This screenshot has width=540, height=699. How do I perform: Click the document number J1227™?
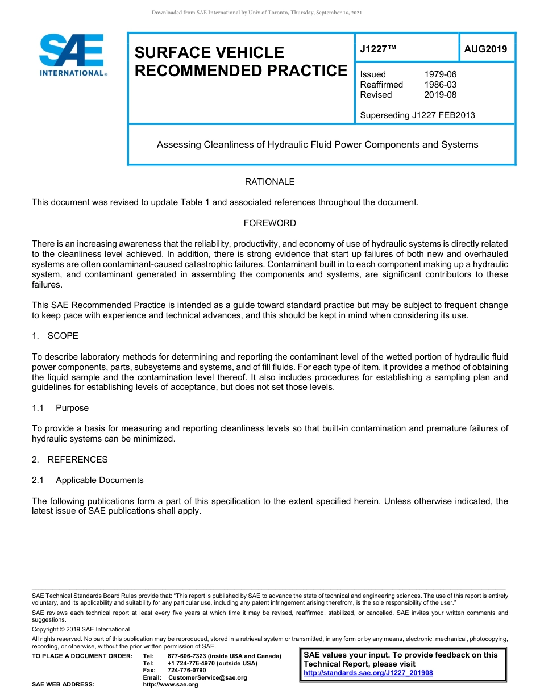pyautogui.click(x=377, y=49)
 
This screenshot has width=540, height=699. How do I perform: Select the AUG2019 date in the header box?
pyautogui.click(x=485, y=49)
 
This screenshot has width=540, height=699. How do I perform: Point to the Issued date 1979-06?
pyautogui.click(x=440, y=74)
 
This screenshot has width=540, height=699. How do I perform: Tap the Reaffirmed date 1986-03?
pyautogui.click(x=440, y=85)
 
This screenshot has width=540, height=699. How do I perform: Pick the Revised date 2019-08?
pyautogui.click(x=440, y=95)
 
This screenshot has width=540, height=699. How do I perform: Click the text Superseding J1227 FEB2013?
pyautogui.click(x=417, y=115)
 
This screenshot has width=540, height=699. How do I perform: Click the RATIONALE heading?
pyautogui.click(x=269, y=182)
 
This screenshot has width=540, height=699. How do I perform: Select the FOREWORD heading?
pyautogui.click(x=269, y=223)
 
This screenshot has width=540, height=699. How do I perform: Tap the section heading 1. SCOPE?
pyautogui.click(x=55, y=336)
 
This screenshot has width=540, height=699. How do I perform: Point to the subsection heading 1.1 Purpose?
pyautogui.click(x=60, y=408)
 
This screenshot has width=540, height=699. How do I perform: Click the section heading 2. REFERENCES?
pyautogui.click(x=69, y=460)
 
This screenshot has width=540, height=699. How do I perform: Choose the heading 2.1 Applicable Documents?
pyautogui.click(x=88, y=480)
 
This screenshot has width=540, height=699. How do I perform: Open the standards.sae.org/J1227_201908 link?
pyautogui.click(x=368, y=673)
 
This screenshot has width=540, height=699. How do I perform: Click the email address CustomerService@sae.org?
pyautogui.click(x=207, y=677)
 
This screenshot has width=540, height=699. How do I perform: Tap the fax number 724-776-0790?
pyautogui.click(x=187, y=671)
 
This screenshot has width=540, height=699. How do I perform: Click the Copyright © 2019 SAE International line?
pyautogui.click(x=81, y=629)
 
